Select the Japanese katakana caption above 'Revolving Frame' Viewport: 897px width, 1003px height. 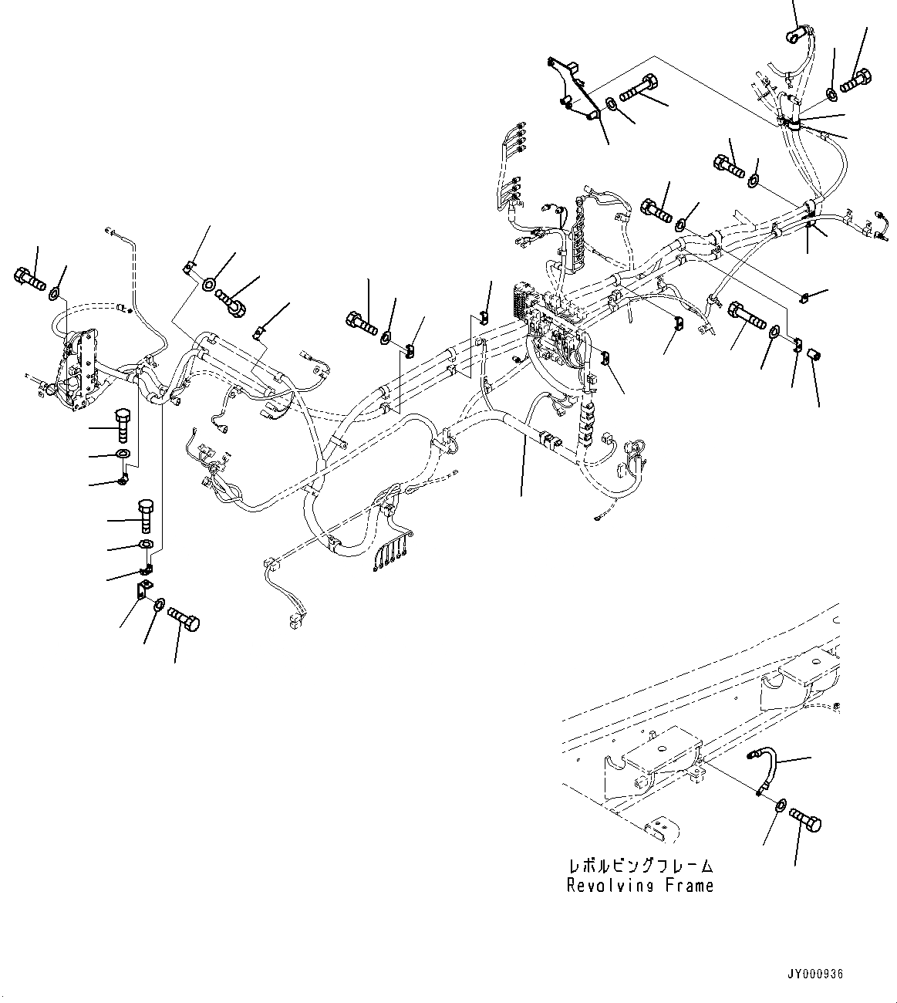640,866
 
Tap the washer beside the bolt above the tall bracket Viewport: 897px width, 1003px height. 56,295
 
